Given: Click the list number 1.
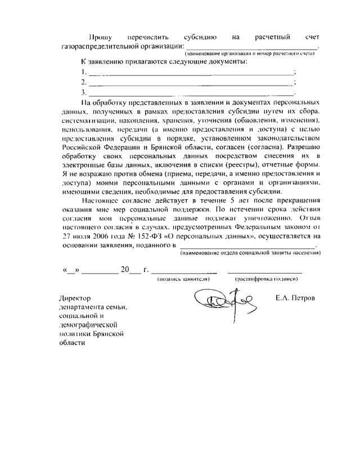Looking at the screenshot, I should pyautogui.click(x=84, y=71).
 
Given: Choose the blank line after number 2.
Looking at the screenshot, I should pyautogui.click(x=191, y=82).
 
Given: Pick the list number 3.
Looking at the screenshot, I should pyautogui.click(x=84, y=92).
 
